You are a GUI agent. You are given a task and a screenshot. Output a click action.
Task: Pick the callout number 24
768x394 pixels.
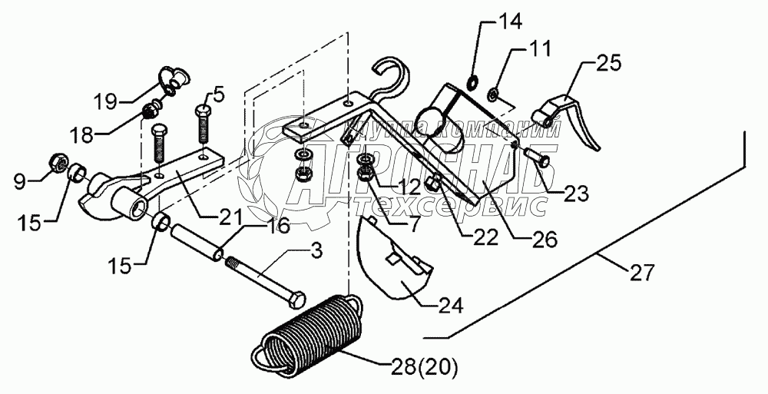(x=450, y=306)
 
